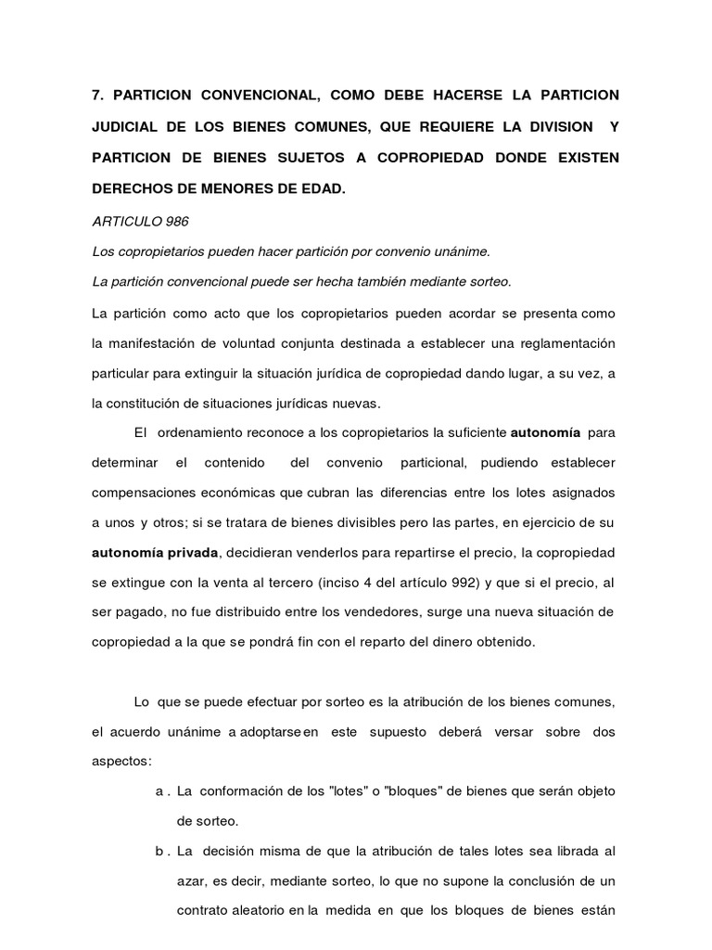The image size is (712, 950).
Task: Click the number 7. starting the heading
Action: tap(97, 96)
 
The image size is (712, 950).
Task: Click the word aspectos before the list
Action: tap(121, 761)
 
